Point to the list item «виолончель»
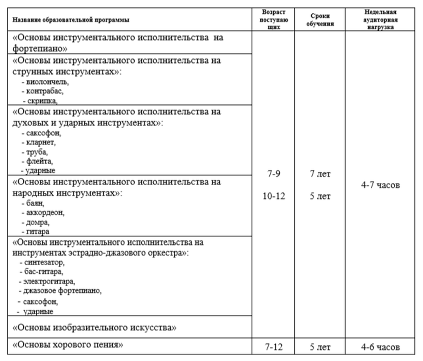pos(45,82)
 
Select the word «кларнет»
pos(40,142)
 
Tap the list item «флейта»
pos(39,161)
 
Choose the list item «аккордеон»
pos(45,213)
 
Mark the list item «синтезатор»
pos(44,262)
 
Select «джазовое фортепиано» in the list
pos(62,291)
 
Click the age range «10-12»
pos(274,196)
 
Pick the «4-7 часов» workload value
pos(380,185)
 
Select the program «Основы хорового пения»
pos(68,345)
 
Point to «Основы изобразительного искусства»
pos(95,328)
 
